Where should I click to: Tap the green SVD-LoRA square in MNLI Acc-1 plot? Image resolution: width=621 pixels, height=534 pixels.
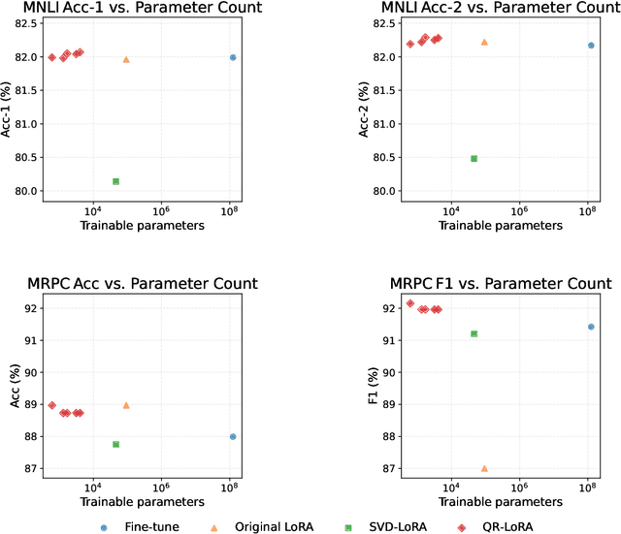coord(115,181)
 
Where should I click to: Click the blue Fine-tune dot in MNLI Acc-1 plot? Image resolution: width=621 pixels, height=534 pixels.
coord(233,57)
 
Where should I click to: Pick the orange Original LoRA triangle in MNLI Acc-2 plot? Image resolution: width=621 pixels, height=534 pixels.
coord(484,43)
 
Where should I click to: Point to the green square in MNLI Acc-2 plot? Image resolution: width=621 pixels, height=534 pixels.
coord(474,159)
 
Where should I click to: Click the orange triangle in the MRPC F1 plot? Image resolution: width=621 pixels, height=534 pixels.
coord(484,468)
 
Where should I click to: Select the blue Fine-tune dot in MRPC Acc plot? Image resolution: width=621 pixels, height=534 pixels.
coord(233,436)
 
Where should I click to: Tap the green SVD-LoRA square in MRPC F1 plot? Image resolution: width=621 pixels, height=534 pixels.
coord(474,333)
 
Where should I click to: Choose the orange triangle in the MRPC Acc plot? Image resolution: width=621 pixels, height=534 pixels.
coord(126,405)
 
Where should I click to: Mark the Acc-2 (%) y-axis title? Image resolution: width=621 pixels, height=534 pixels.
coord(365,107)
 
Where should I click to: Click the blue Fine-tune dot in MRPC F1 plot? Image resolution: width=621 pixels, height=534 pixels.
coord(591,327)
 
